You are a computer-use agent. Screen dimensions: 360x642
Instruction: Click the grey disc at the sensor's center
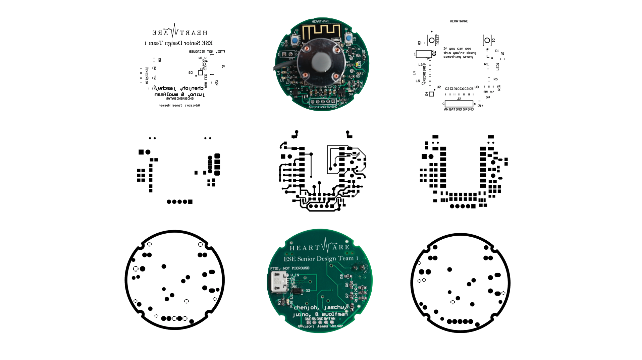tap(321, 62)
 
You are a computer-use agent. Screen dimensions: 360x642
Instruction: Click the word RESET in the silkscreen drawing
tap(438, 40)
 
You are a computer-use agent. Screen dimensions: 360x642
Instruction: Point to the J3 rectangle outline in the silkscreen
tap(423, 54)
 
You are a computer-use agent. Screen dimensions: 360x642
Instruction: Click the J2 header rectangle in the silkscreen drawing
tap(459, 104)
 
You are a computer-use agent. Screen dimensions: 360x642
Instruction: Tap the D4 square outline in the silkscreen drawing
tap(431, 94)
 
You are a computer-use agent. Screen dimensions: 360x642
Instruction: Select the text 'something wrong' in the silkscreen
tap(458, 57)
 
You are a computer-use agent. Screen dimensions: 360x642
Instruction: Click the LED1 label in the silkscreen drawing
tap(498, 67)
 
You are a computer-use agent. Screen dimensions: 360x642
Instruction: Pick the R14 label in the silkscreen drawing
tap(480, 106)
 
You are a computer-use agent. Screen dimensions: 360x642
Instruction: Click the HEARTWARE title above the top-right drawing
tap(459, 21)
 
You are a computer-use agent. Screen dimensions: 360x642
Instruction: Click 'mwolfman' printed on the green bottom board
tap(334, 314)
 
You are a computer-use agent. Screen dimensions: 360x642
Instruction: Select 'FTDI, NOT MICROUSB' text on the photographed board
tap(290, 268)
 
